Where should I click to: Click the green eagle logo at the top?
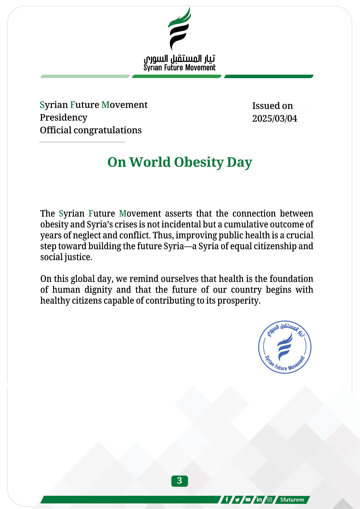coord(179,29)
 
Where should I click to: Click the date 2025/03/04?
coord(275,118)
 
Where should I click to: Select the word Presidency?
coord(64,118)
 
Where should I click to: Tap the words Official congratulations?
coord(91,130)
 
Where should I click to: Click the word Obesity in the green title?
coord(199,162)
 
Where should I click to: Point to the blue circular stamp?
coord(285,347)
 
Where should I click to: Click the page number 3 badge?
coord(179,481)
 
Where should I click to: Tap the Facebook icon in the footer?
coord(227,500)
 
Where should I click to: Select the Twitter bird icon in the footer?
coord(237,500)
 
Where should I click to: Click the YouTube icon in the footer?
coord(248,500)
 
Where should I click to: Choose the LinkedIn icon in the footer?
coord(259,500)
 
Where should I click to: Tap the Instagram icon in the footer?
coord(269,500)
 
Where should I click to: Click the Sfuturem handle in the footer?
coord(292,500)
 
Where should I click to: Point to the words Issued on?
coord(272,106)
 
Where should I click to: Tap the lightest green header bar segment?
coord(85,76)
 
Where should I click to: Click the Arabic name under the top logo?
coord(179,59)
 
